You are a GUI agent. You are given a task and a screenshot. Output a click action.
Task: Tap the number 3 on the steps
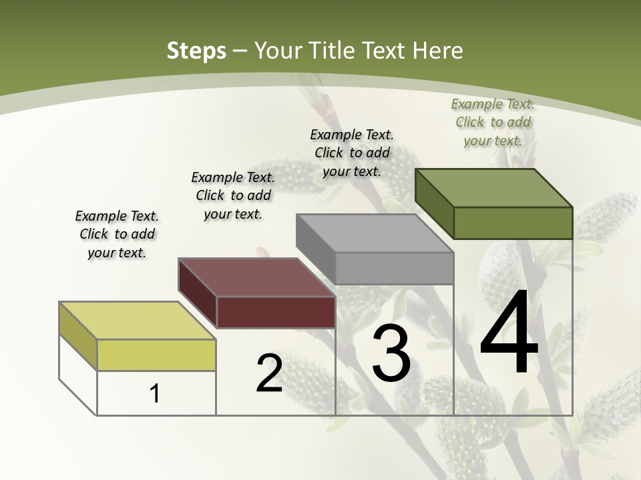coord(391,354)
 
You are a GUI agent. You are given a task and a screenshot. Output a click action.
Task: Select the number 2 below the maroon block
coord(269,373)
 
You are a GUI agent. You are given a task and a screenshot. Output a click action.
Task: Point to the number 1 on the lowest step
coord(155,393)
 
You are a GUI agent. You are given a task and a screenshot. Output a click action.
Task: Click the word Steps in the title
coord(196,51)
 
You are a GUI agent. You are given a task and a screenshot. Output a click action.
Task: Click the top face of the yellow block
coord(137,321)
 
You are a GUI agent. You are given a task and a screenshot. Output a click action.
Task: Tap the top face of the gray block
coord(375,233)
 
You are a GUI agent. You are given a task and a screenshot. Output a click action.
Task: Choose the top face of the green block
coord(493,188)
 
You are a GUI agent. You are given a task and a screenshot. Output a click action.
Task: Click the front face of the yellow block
coord(156,355)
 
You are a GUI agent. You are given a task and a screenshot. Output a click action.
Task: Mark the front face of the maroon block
coord(276,312)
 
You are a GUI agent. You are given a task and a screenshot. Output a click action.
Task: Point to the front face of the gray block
coord(394,268)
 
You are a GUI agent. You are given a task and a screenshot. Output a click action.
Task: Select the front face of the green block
coord(513,223)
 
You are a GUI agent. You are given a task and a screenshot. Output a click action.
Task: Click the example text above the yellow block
coord(117,234)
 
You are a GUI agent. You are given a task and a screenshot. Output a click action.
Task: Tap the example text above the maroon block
coord(233,195)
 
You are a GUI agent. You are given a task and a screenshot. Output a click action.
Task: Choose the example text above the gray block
coord(352,153)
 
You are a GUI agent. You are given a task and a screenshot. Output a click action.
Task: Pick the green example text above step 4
coord(493,122)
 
